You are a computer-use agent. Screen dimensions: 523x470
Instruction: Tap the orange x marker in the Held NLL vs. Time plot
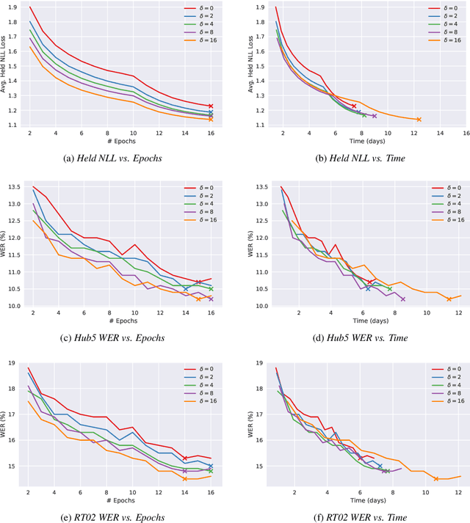pos(419,120)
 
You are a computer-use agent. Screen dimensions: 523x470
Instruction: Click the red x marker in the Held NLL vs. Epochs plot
pos(211,106)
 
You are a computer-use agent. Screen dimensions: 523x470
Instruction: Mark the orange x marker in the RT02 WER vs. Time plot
pos(436,479)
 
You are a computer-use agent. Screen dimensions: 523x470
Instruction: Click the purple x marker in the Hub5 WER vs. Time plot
pos(402,299)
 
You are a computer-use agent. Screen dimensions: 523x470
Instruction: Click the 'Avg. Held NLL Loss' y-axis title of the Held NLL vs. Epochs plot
pos(5,66)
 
